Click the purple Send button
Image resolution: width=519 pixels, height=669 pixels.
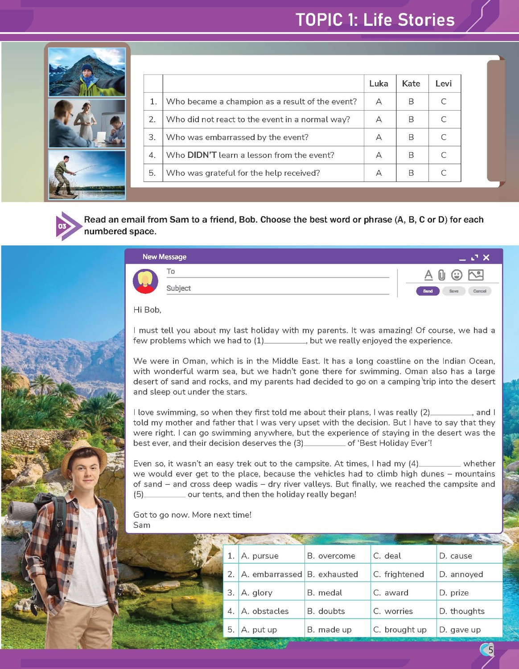[x=428, y=291]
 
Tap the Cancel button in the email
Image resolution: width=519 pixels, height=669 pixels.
[x=479, y=291]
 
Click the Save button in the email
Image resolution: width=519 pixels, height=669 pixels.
[x=453, y=291]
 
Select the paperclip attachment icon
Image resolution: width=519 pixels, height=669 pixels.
[x=441, y=275]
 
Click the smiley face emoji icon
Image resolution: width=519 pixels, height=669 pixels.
[x=457, y=275]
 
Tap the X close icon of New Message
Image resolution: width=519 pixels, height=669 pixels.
[x=486, y=257]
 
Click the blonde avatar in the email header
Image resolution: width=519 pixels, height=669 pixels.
[x=145, y=281]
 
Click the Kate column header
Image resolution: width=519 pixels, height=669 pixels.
[x=411, y=83]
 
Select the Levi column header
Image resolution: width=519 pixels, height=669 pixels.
[x=444, y=83]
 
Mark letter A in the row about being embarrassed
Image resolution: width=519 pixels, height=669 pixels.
[x=379, y=137]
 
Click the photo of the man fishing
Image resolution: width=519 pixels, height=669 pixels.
[x=87, y=174]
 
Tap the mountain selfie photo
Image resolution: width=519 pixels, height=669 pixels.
[x=87, y=72]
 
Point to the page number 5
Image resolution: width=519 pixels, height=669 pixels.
[x=490, y=650]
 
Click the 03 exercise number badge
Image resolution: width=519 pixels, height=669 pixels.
[x=63, y=226]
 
